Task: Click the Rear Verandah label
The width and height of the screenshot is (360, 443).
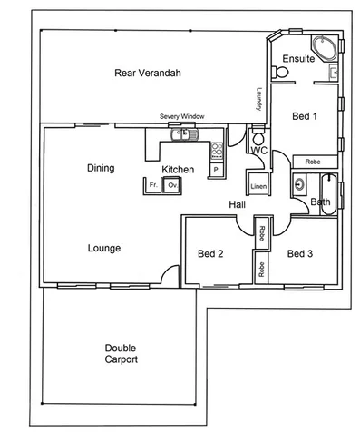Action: pos(144,73)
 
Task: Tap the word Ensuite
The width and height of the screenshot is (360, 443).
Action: pos(297,59)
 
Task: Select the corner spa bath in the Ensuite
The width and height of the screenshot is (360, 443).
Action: pos(322,47)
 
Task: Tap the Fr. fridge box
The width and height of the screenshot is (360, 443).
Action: pos(153,185)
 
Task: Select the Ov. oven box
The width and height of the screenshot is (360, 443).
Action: pos(170,185)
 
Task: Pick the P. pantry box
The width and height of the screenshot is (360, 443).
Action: pos(217,170)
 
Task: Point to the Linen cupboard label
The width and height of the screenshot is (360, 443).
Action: pos(258,186)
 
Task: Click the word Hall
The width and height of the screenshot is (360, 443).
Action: pos(238,205)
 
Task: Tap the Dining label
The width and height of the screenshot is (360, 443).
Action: pos(100,168)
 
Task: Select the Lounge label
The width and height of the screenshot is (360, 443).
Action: pos(104,248)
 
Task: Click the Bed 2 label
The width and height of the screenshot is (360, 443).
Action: pos(210,254)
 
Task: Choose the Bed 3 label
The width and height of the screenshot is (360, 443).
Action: pos(300,254)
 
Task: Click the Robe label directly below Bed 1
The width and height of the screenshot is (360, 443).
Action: pos(312,162)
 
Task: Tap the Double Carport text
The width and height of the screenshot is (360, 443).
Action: pos(121,353)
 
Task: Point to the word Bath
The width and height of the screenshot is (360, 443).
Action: pos(320,202)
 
